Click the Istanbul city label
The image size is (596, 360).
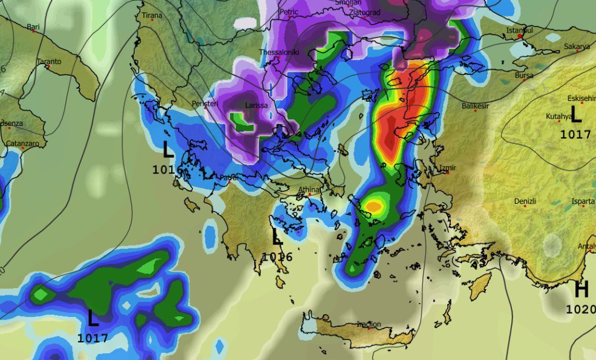pyautogui.click(x=520, y=30)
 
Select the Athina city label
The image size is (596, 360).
pyautogui.click(x=309, y=190)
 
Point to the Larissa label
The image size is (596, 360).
pyautogui.click(x=256, y=105)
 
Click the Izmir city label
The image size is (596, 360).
pyautogui.click(x=448, y=168)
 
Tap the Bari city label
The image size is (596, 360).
pyautogui.click(x=33, y=27)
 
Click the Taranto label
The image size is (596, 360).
pyautogui.click(x=49, y=61)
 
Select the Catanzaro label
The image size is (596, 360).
pyautogui.click(x=22, y=143)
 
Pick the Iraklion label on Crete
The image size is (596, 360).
pyautogui.click(x=368, y=324)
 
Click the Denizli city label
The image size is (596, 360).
pyautogui.click(x=525, y=201)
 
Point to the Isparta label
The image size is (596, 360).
pyautogui.click(x=583, y=201)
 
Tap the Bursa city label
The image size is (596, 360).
pyautogui.click(x=524, y=75)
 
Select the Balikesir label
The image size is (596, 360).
pyautogui.click(x=475, y=106)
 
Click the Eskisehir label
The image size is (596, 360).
pyautogui.click(x=581, y=98)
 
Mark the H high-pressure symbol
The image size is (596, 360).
pyautogui.click(x=581, y=290)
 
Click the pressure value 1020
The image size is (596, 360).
pyautogui.click(x=580, y=309)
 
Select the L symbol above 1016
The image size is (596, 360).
pyautogui.click(x=277, y=237)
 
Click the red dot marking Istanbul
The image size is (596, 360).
pyautogui.click(x=520, y=36)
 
